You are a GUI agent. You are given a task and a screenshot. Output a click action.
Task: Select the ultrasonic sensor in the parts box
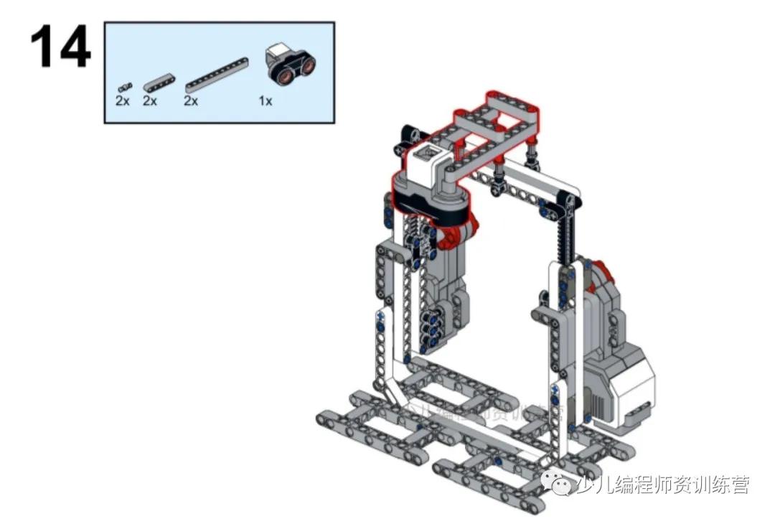pos(291,64)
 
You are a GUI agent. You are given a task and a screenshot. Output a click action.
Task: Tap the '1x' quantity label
pos(266,101)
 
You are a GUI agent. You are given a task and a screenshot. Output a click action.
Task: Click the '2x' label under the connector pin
pos(123,101)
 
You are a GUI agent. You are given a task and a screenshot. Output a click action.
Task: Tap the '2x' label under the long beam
pos(190,101)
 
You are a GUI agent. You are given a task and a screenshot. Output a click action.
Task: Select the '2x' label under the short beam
pos(149,101)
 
